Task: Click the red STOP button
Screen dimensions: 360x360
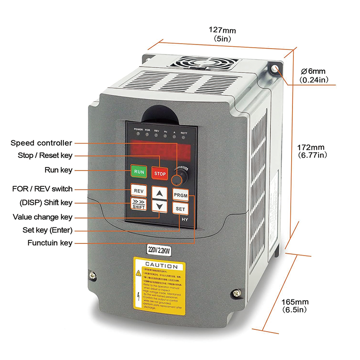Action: pos(160,173)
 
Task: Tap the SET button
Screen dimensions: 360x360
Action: pos(180,209)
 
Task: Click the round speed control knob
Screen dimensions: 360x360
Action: pos(178,180)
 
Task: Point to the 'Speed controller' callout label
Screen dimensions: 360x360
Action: pos(41,143)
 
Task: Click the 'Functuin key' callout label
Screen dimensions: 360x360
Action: pos(50,243)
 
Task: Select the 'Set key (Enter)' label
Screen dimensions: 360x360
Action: pos(47,230)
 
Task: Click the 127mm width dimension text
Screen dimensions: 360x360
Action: pos(222,31)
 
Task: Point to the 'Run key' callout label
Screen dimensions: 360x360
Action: pos(58,170)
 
